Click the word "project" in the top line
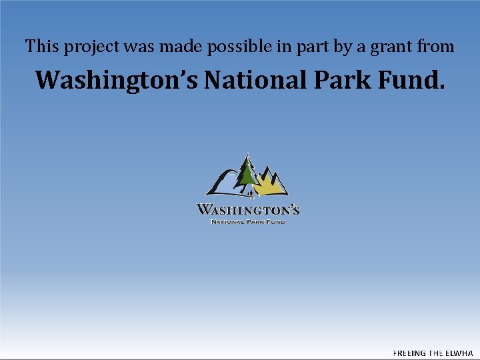pyautogui.click(x=87, y=47)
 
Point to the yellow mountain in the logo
pyautogui.click(x=270, y=185)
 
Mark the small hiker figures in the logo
pyautogui.click(x=250, y=193)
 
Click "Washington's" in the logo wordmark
pyautogui.click(x=248, y=210)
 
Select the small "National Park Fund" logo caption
pyautogui.click(x=248, y=221)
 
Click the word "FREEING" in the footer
pyautogui.click(x=409, y=353)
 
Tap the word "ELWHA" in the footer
pyautogui.click(x=459, y=353)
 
